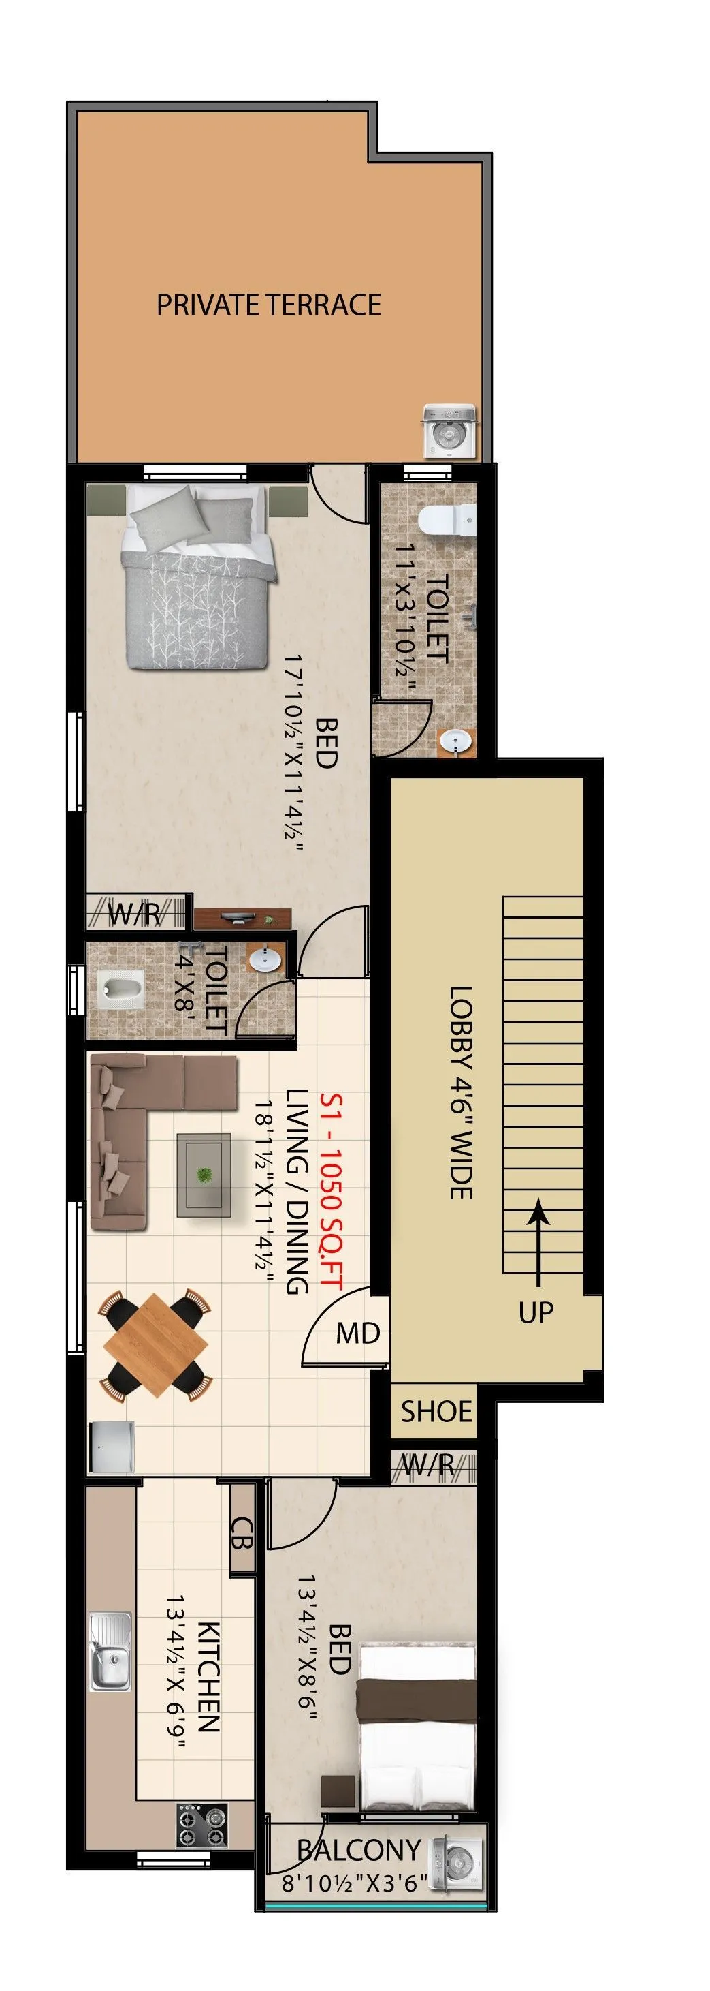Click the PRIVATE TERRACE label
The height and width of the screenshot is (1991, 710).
pyautogui.click(x=269, y=305)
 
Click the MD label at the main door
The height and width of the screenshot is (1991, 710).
pyautogui.click(x=357, y=1333)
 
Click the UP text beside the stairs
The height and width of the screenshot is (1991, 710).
pyautogui.click(x=536, y=1312)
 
